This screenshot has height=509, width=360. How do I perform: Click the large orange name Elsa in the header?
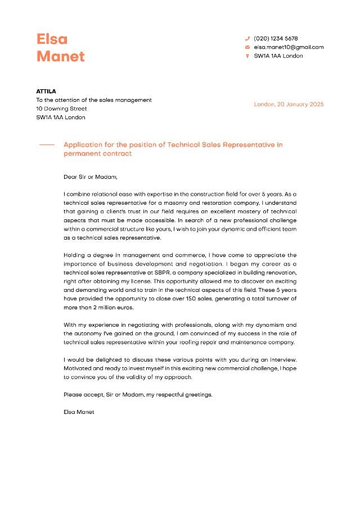tap(52, 39)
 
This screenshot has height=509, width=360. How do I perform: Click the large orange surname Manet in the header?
tap(61, 56)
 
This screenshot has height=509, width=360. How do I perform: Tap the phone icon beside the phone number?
tap(247, 39)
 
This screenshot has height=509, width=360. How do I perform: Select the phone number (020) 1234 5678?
tap(276, 39)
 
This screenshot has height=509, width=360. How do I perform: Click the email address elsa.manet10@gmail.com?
tap(289, 47)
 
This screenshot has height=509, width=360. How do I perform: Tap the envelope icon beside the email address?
tap(247, 47)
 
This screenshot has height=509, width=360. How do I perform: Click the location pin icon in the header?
tap(247, 56)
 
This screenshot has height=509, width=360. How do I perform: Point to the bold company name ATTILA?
tap(46, 91)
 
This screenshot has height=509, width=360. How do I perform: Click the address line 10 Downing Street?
tap(61, 109)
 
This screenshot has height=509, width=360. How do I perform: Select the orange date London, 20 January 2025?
tap(289, 104)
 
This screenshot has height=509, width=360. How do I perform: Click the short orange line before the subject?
tap(47, 145)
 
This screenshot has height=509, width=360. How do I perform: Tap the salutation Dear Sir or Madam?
tap(91, 177)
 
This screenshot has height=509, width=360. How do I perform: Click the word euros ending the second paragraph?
tap(127, 308)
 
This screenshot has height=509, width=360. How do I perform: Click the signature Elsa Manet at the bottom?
tap(79, 412)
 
